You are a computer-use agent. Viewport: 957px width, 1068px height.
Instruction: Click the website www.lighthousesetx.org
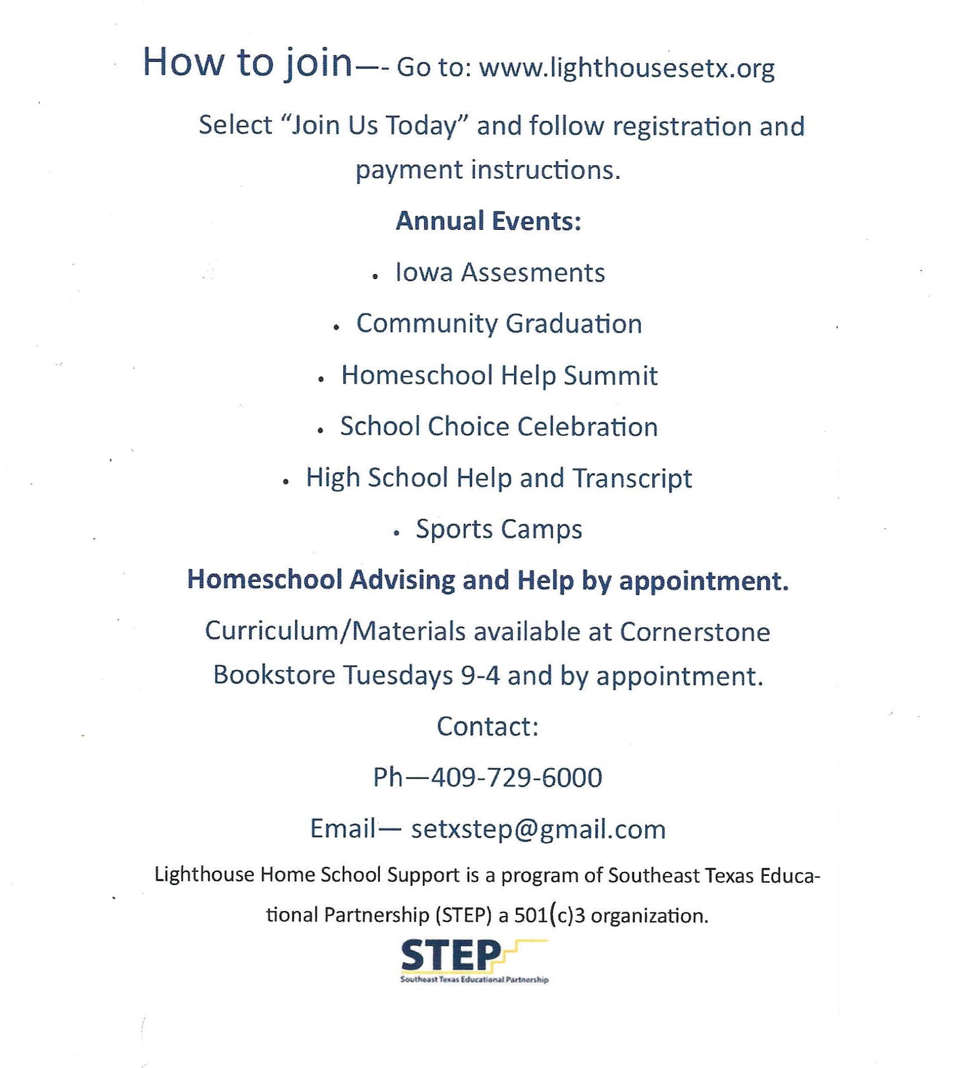click(x=626, y=68)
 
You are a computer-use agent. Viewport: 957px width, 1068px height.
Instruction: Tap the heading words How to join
click(x=247, y=62)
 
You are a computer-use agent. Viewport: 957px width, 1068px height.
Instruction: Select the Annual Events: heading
click(x=488, y=221)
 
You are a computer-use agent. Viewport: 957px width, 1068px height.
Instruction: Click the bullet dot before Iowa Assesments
click(x=375, y=277)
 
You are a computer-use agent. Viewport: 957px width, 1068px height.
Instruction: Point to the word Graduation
click(x=574, y=324)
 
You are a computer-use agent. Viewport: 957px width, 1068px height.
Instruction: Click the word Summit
click(x=610, y=375)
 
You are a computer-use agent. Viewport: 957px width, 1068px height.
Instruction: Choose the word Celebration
click(x=587, y=427)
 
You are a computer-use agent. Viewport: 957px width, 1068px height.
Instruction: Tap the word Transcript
click(x=632, y=478)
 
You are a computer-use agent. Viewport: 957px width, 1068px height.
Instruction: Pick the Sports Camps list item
click(x=499, y=529)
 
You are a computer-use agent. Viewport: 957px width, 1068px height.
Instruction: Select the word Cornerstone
click(x=695, y=632)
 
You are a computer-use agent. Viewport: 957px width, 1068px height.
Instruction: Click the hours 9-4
click(x=480, y=675)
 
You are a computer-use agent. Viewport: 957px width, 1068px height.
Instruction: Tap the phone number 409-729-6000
click(x=516, y=778)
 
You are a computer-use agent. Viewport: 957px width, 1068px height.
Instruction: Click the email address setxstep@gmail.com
click(x=538, y=830)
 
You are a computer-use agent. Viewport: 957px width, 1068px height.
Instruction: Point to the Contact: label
click(x=488, y=727)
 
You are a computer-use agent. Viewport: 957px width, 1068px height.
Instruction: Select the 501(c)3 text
click(x=550, y=916)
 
